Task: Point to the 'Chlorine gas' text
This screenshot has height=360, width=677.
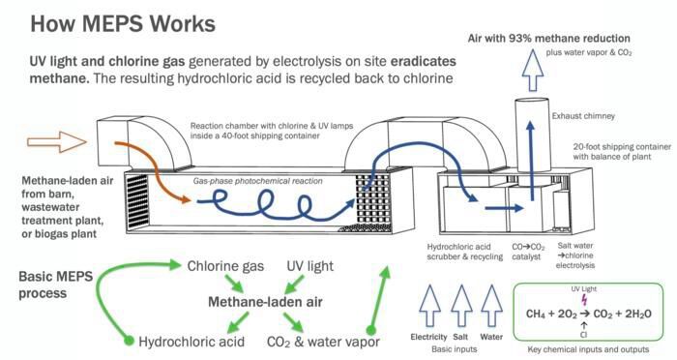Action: click(225, 265)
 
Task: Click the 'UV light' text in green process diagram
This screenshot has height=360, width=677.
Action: click(310, 265)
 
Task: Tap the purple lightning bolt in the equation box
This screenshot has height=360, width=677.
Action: click(583, 300)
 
